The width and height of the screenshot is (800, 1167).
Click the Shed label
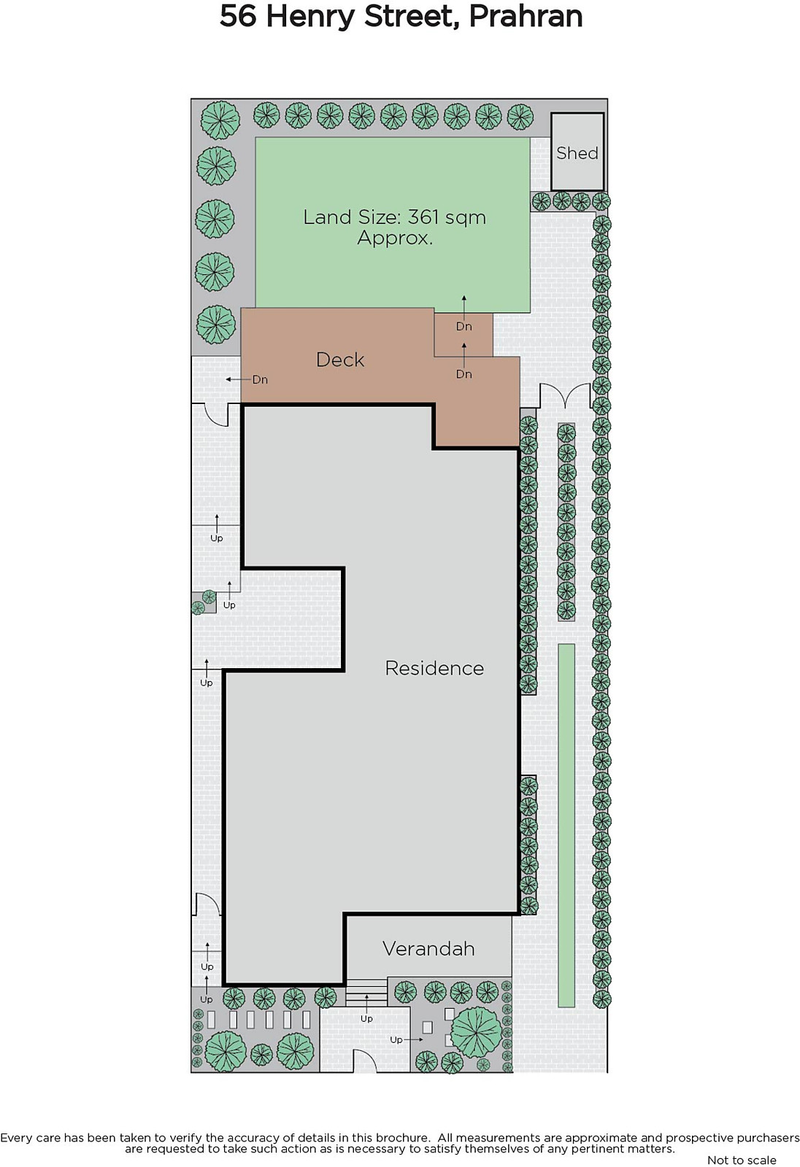(577, 152)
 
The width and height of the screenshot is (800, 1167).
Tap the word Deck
(340, 360)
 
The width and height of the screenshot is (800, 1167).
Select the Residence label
(434, 668)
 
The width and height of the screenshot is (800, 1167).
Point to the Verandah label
(428, 949)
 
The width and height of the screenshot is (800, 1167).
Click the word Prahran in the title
(526, 17)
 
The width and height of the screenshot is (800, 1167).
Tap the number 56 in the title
(238, 17)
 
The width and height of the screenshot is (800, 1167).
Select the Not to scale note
(742, 1160)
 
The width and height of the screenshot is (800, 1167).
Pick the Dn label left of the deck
(260, 380)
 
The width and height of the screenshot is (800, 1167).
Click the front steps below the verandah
(366, 992)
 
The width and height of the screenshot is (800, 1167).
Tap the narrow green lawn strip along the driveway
(566, 825)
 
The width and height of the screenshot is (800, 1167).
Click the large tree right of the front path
(476, 1032)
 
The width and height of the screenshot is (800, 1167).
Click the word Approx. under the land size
(395, 238)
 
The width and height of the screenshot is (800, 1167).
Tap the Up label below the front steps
(366, 1018)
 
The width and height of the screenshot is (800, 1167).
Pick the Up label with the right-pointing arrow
(396, 1040)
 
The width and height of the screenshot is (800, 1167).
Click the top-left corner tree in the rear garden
(220, 120)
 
